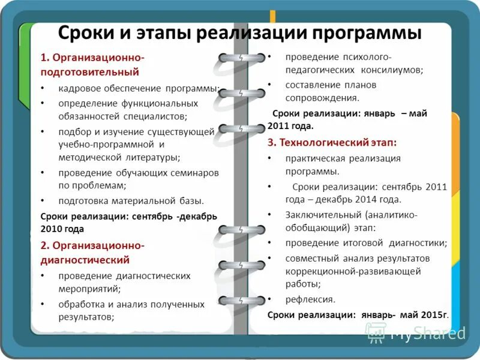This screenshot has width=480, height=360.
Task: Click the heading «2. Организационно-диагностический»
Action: pyautogui.click(x=92, y=253)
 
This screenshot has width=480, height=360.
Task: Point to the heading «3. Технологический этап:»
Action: pyautogui.click(x=332, y=143)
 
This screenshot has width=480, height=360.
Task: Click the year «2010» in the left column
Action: pyautogui.click(x=53, y=229)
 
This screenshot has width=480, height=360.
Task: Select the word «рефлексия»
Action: pyautogui.click(x=310, y=299)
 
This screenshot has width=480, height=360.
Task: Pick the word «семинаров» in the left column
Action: pyautogui.click(x=192, y=173)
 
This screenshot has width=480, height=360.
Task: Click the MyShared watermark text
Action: pyautogui.click(x=427, y=333)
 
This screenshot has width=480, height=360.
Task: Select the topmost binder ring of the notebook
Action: pyautogui.click(x=240, y=58)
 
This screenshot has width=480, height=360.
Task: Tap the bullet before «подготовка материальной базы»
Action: pyautogui.click(x=42, y=200)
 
